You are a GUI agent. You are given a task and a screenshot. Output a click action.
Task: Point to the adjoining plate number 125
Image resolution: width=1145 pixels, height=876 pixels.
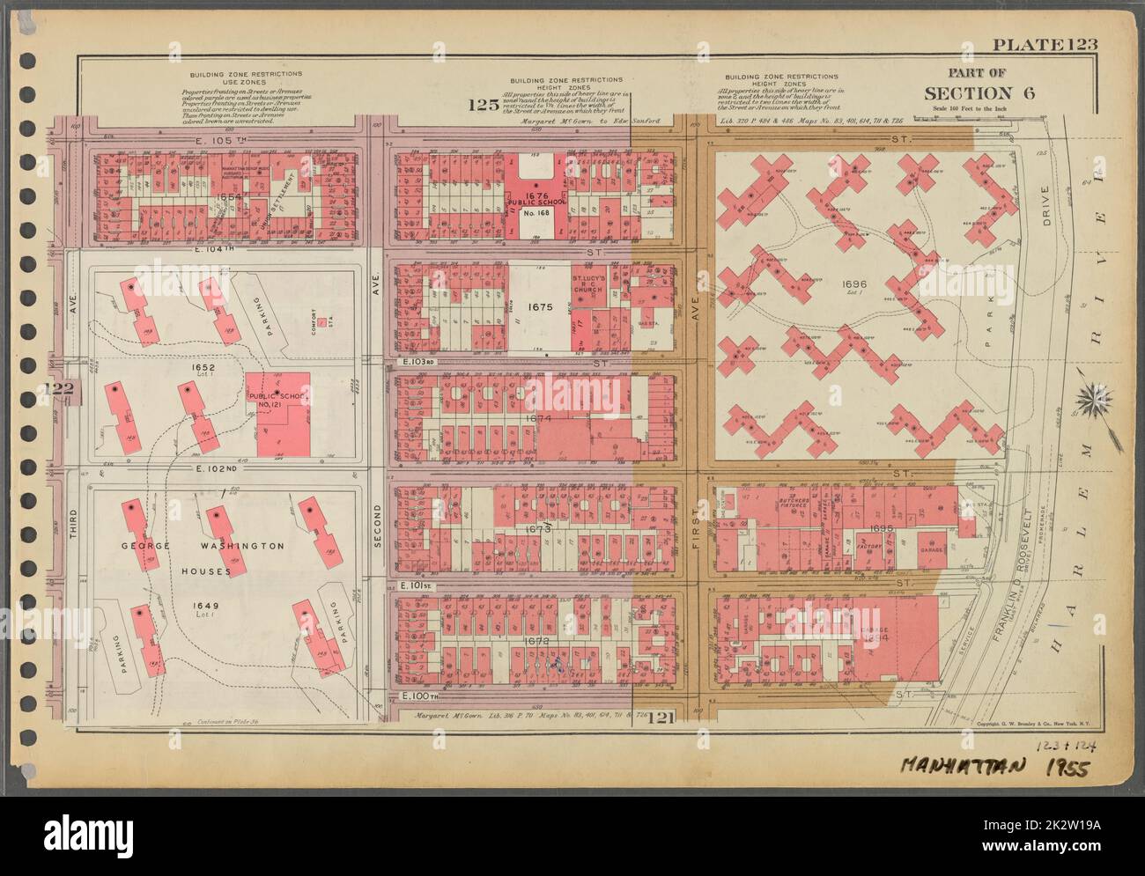click(483, 107)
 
